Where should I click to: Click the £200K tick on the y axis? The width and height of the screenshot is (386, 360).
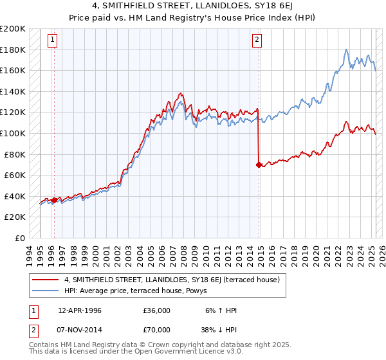[13, 29]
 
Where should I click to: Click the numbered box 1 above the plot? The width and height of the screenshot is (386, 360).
[52, 40]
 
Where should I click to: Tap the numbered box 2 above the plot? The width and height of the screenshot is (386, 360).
[257, 40]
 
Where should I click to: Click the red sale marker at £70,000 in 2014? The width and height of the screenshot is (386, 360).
[259, 165]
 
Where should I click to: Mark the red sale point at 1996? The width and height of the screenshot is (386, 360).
[54, 200]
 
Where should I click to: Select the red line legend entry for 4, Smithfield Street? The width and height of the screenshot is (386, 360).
[171, 280]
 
